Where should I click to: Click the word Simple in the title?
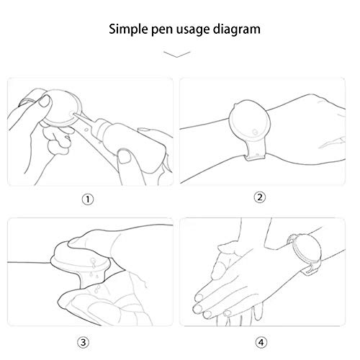[130, 30]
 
